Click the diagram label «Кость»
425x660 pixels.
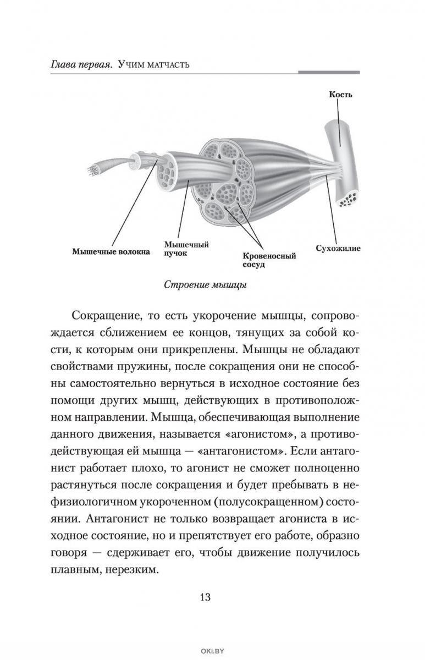341,94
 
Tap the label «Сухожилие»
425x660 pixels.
338,249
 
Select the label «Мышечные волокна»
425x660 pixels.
111,252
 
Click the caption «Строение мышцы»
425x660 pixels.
205,285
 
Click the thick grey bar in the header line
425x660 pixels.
329,72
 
